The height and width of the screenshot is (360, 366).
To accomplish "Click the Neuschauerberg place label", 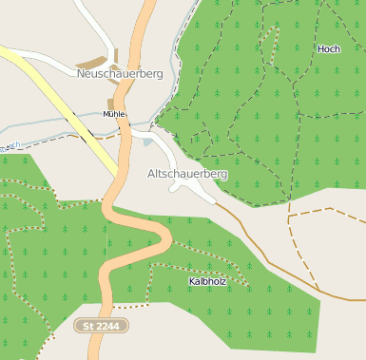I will coord(120,73).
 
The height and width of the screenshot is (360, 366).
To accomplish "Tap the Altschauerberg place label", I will coord(187,175).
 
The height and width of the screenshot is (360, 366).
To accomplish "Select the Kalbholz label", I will coord(207,282).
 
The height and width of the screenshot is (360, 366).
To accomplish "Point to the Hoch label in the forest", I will coord(328,48).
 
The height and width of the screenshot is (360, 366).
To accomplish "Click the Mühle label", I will coord(113,114).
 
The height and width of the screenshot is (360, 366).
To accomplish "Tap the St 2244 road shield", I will coord(102,326).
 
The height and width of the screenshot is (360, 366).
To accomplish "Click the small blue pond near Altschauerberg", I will coord(147,142).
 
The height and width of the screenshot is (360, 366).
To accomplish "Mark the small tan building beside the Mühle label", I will coord(111,103).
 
